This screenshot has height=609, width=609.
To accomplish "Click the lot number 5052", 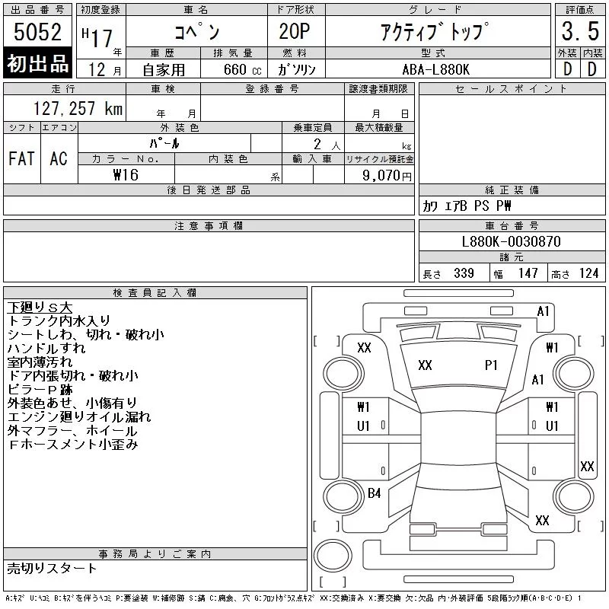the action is point(37,32).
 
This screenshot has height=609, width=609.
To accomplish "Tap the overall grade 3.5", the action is point(580,31).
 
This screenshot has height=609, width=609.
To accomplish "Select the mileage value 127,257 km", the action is point(78,108).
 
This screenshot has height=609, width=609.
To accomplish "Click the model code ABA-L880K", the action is point(435,69).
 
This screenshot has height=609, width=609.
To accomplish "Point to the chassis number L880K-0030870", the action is point(511,241).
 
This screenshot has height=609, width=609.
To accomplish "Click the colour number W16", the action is point(126,175).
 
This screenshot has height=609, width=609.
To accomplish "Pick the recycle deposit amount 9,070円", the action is point(387,176).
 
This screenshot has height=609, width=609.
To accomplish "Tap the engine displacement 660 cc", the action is point(242,69).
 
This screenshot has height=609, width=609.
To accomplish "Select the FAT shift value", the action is point(22,158).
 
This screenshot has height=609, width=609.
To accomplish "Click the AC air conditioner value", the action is point(59,158).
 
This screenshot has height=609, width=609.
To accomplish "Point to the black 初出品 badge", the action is point(37,62).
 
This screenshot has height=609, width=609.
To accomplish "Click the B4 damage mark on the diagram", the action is point(374,493).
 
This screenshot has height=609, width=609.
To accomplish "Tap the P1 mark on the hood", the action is point(491,365).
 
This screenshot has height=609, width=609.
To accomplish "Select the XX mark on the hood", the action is point(425,365).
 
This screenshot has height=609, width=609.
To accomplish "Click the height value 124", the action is point(588,273).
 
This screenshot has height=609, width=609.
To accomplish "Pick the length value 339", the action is point(464,273).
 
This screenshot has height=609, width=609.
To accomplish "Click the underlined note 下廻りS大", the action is point(40,308).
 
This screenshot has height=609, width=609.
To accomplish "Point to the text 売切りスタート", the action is point(52,568).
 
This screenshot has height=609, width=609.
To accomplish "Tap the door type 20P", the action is point(295,31).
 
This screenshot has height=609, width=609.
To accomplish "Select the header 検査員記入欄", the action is point(155,292).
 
